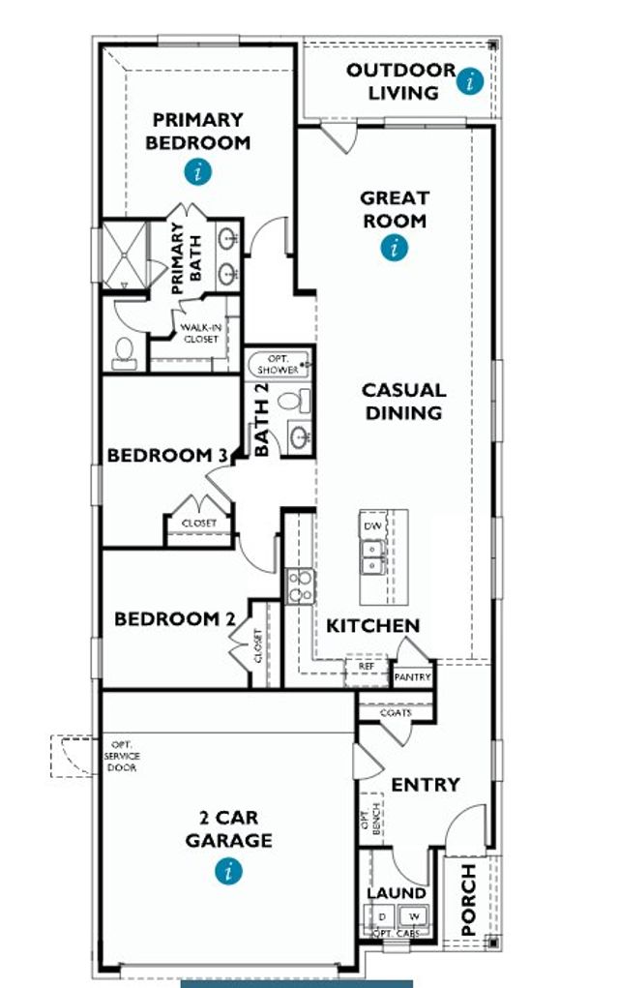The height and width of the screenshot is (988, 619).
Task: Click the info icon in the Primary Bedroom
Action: click(199, 173)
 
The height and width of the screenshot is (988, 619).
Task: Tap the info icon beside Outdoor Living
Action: click(470, 81)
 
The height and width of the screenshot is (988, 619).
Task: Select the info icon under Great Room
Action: click(394, 249)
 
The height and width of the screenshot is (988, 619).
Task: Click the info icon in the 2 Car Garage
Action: click(229, 871)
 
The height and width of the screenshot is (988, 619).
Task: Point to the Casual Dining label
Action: click(403, 402)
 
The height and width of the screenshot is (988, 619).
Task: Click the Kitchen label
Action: click(372, 626)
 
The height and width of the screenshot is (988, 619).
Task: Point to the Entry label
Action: click(425, 784)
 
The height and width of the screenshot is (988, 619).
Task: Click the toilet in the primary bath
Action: click(124, 352)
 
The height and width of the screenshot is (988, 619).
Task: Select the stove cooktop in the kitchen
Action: click(300, 585)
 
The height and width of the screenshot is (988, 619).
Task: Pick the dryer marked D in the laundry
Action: click(381, 915)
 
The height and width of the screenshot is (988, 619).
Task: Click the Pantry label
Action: click(410, 677)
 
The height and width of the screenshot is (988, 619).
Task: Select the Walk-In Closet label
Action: click(198, 334)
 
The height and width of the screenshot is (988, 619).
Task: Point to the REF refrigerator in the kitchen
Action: click(366, 668)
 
